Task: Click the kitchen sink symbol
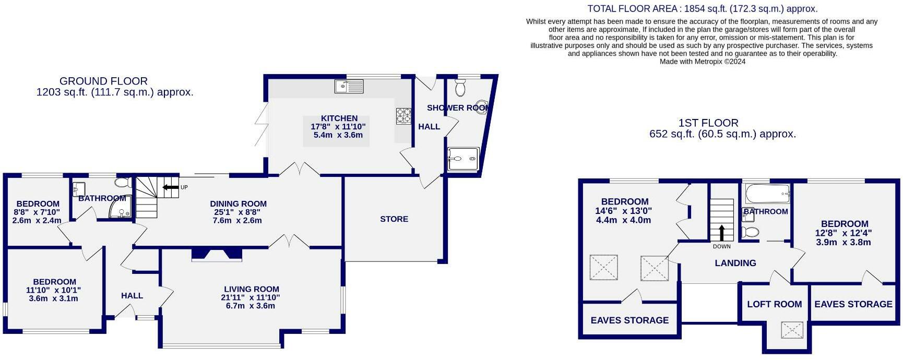click(349, 86)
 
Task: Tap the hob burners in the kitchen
click(403, 116)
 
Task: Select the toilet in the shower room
click(460, 88)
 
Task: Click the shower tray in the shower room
click(463, 159)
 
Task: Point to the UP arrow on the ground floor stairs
click(171, 187)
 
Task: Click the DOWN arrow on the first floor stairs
click(722, 232)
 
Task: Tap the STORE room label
click(394, 219)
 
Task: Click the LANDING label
click(735, 263)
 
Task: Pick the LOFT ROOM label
click(774, 304)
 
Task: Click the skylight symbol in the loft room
click(792, 330)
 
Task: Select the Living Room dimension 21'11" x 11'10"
click(252, 297)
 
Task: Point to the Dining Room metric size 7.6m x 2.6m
click(237, 220)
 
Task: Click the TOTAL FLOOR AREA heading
click(702, 9)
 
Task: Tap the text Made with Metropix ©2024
click(702, 62)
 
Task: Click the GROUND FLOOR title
click(103, 81)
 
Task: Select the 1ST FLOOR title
click(708, 123)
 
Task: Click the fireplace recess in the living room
click(217, 254)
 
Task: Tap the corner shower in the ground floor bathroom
click(121, 210)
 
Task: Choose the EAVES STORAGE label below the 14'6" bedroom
click(629, 320)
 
